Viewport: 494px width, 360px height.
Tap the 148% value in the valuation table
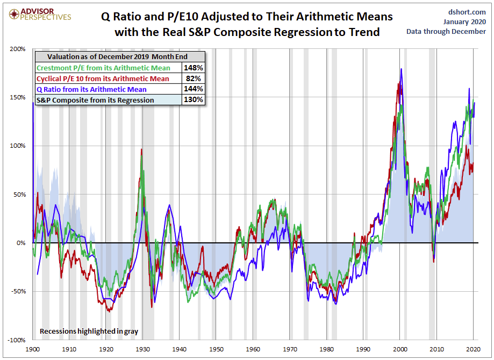(x=192, y=68)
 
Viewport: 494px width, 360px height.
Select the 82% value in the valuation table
(x=194, y=78)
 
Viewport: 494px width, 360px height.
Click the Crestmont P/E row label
(x=103, y=68)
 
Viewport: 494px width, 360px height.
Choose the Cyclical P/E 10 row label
(x=103, y=78)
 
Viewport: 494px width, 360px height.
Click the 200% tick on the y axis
(x=18, y=49)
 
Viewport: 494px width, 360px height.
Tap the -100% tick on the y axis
(x=17, y=340)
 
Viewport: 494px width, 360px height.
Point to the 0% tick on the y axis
(x=21, y=243)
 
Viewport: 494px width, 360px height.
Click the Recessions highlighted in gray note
(x=89, y=332)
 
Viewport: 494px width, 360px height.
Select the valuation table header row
(x=119, y=56)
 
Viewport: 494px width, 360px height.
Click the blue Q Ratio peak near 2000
(x=401, y=69)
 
